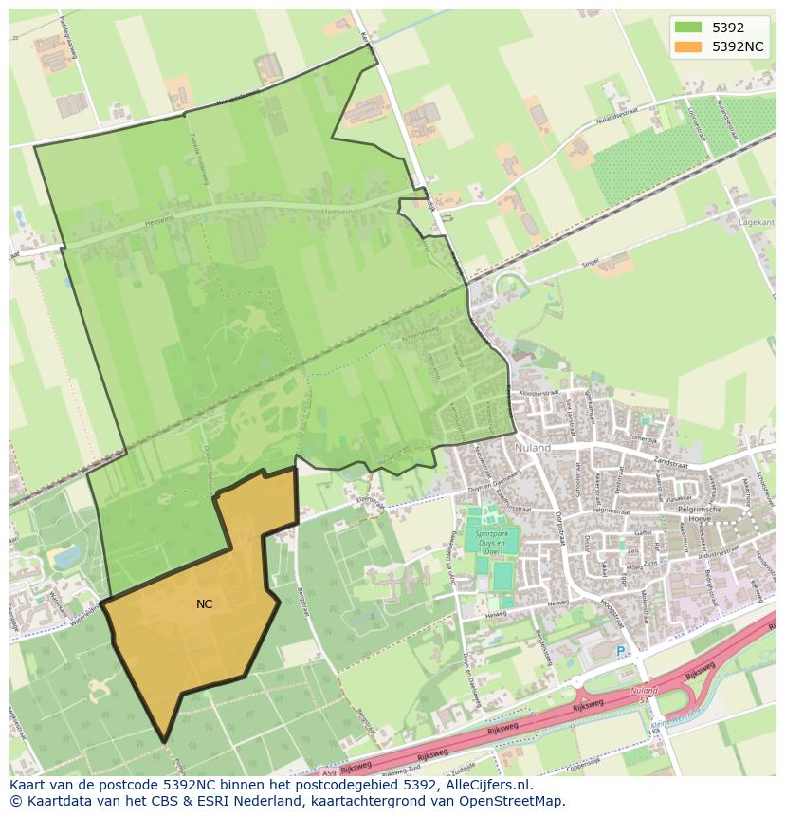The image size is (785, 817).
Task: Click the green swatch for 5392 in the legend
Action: (688, 28)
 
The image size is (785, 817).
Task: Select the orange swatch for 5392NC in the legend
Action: (688, 46)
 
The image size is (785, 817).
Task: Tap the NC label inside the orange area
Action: (205, 604)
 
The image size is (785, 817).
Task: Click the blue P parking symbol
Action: (621, 651)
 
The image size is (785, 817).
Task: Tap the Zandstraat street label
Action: (669, 464)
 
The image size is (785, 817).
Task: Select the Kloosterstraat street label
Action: (532, 391)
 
